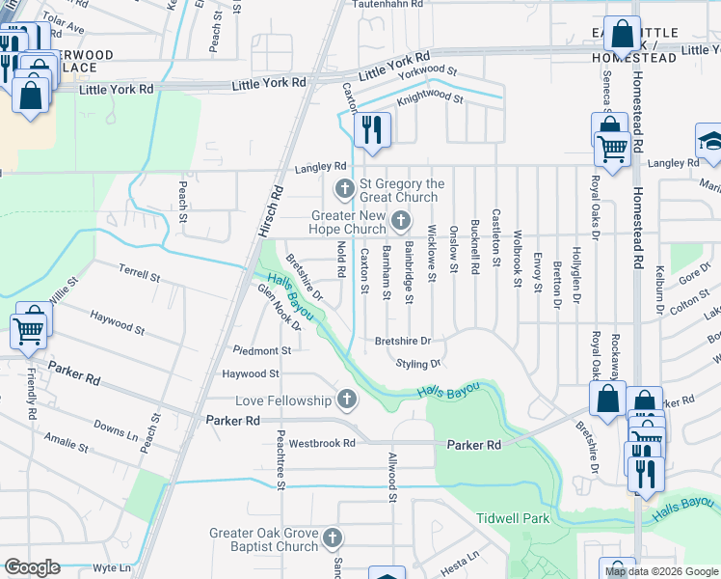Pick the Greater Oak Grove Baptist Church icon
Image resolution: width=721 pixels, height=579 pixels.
point(333,537)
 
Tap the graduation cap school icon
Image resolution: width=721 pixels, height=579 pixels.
point(709,141)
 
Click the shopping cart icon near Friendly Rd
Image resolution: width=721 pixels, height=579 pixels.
point(29,330)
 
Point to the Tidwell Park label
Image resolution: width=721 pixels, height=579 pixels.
point(512,518)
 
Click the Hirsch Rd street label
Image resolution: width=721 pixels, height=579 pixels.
point(271,212)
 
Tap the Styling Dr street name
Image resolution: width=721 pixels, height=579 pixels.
point(418,364)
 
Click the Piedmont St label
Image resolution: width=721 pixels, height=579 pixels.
point(261,350)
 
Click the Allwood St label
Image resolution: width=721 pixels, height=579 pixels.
point(392,478)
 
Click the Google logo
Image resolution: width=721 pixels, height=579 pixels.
point(32,566)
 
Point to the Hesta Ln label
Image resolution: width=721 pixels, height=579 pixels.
point(459,558)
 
